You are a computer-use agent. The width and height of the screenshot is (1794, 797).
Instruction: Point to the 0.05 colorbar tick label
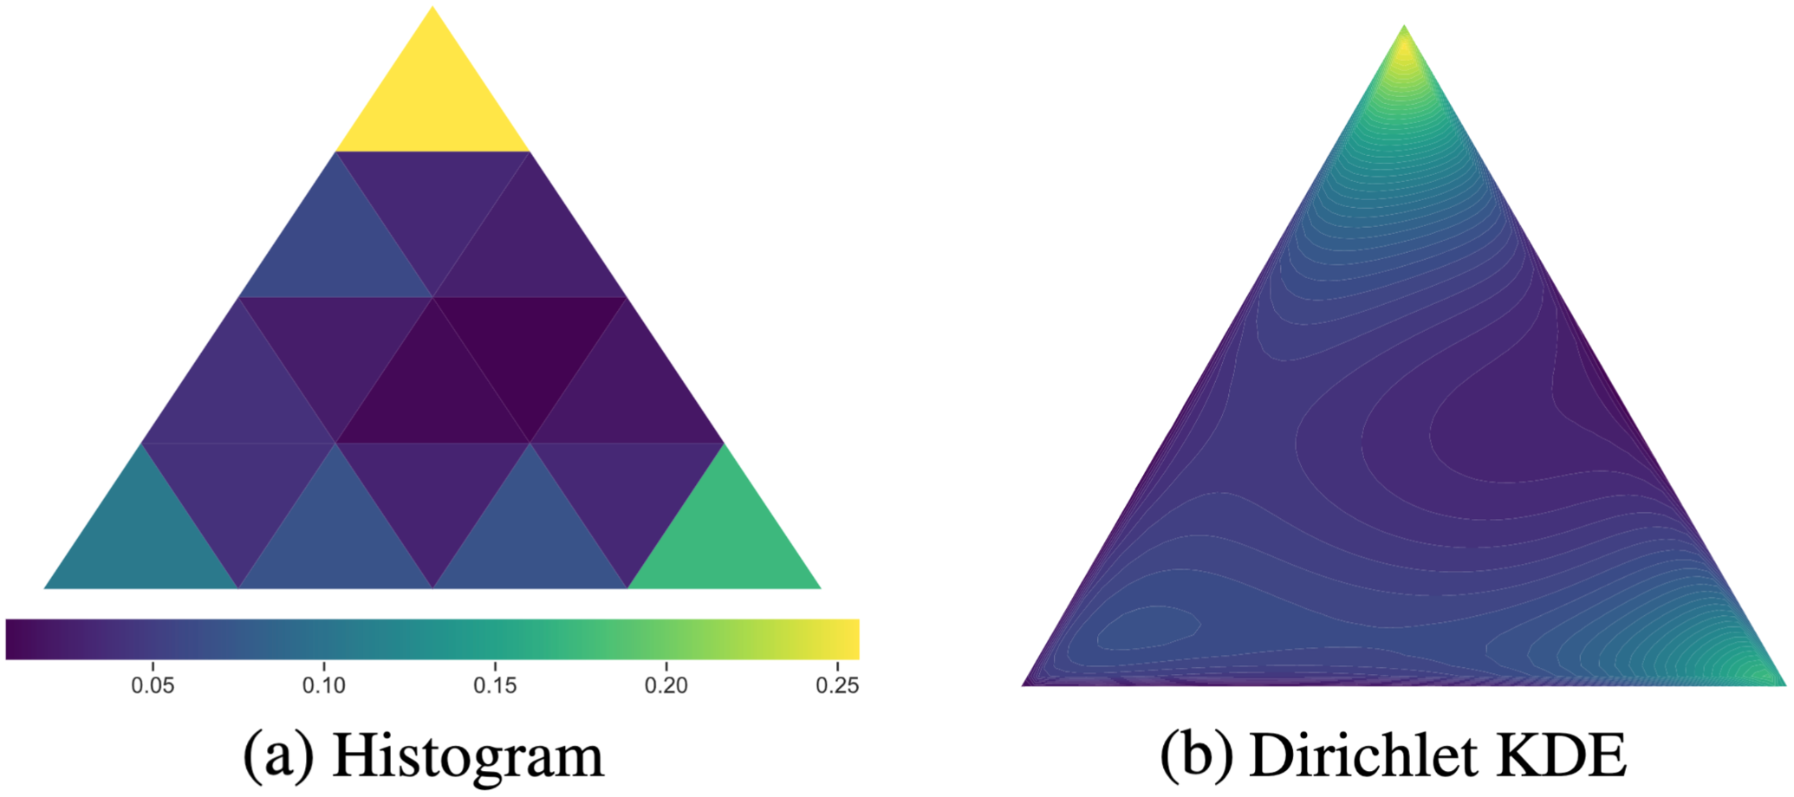click(153, 686)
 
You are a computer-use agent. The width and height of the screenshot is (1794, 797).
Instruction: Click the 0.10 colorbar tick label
click(324, 686)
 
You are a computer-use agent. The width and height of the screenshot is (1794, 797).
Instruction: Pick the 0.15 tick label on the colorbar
click(495, 686)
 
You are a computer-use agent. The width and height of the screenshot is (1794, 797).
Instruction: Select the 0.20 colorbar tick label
click(666, 686)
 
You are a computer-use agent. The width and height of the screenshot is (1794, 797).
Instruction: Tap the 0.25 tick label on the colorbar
click(837, 686)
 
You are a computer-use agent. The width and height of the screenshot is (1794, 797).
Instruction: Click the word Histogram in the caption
click(468, 756)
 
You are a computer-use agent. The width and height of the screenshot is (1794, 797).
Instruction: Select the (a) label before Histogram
click(277, 756)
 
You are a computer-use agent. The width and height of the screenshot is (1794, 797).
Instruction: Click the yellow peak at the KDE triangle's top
click(1404, 48)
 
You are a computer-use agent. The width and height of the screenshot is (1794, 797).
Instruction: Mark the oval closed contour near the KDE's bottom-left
click(1148, 628)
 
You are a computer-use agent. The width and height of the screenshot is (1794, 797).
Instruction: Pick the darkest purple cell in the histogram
click(529, 347)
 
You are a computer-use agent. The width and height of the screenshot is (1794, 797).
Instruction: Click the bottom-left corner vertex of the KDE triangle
click(1024, 684)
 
